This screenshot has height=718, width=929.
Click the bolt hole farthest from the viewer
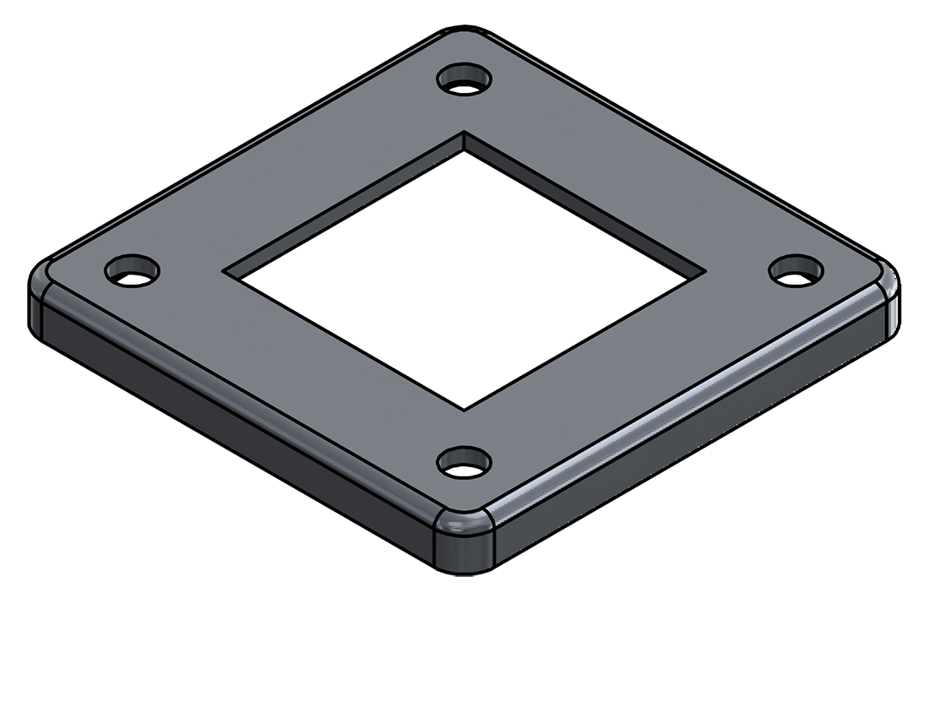point(464,81)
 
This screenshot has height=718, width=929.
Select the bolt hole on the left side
point(132,270)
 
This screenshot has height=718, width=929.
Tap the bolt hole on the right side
point(796,270)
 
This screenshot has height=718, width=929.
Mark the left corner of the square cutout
point(224,271)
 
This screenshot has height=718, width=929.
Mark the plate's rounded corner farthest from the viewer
point(464,35)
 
